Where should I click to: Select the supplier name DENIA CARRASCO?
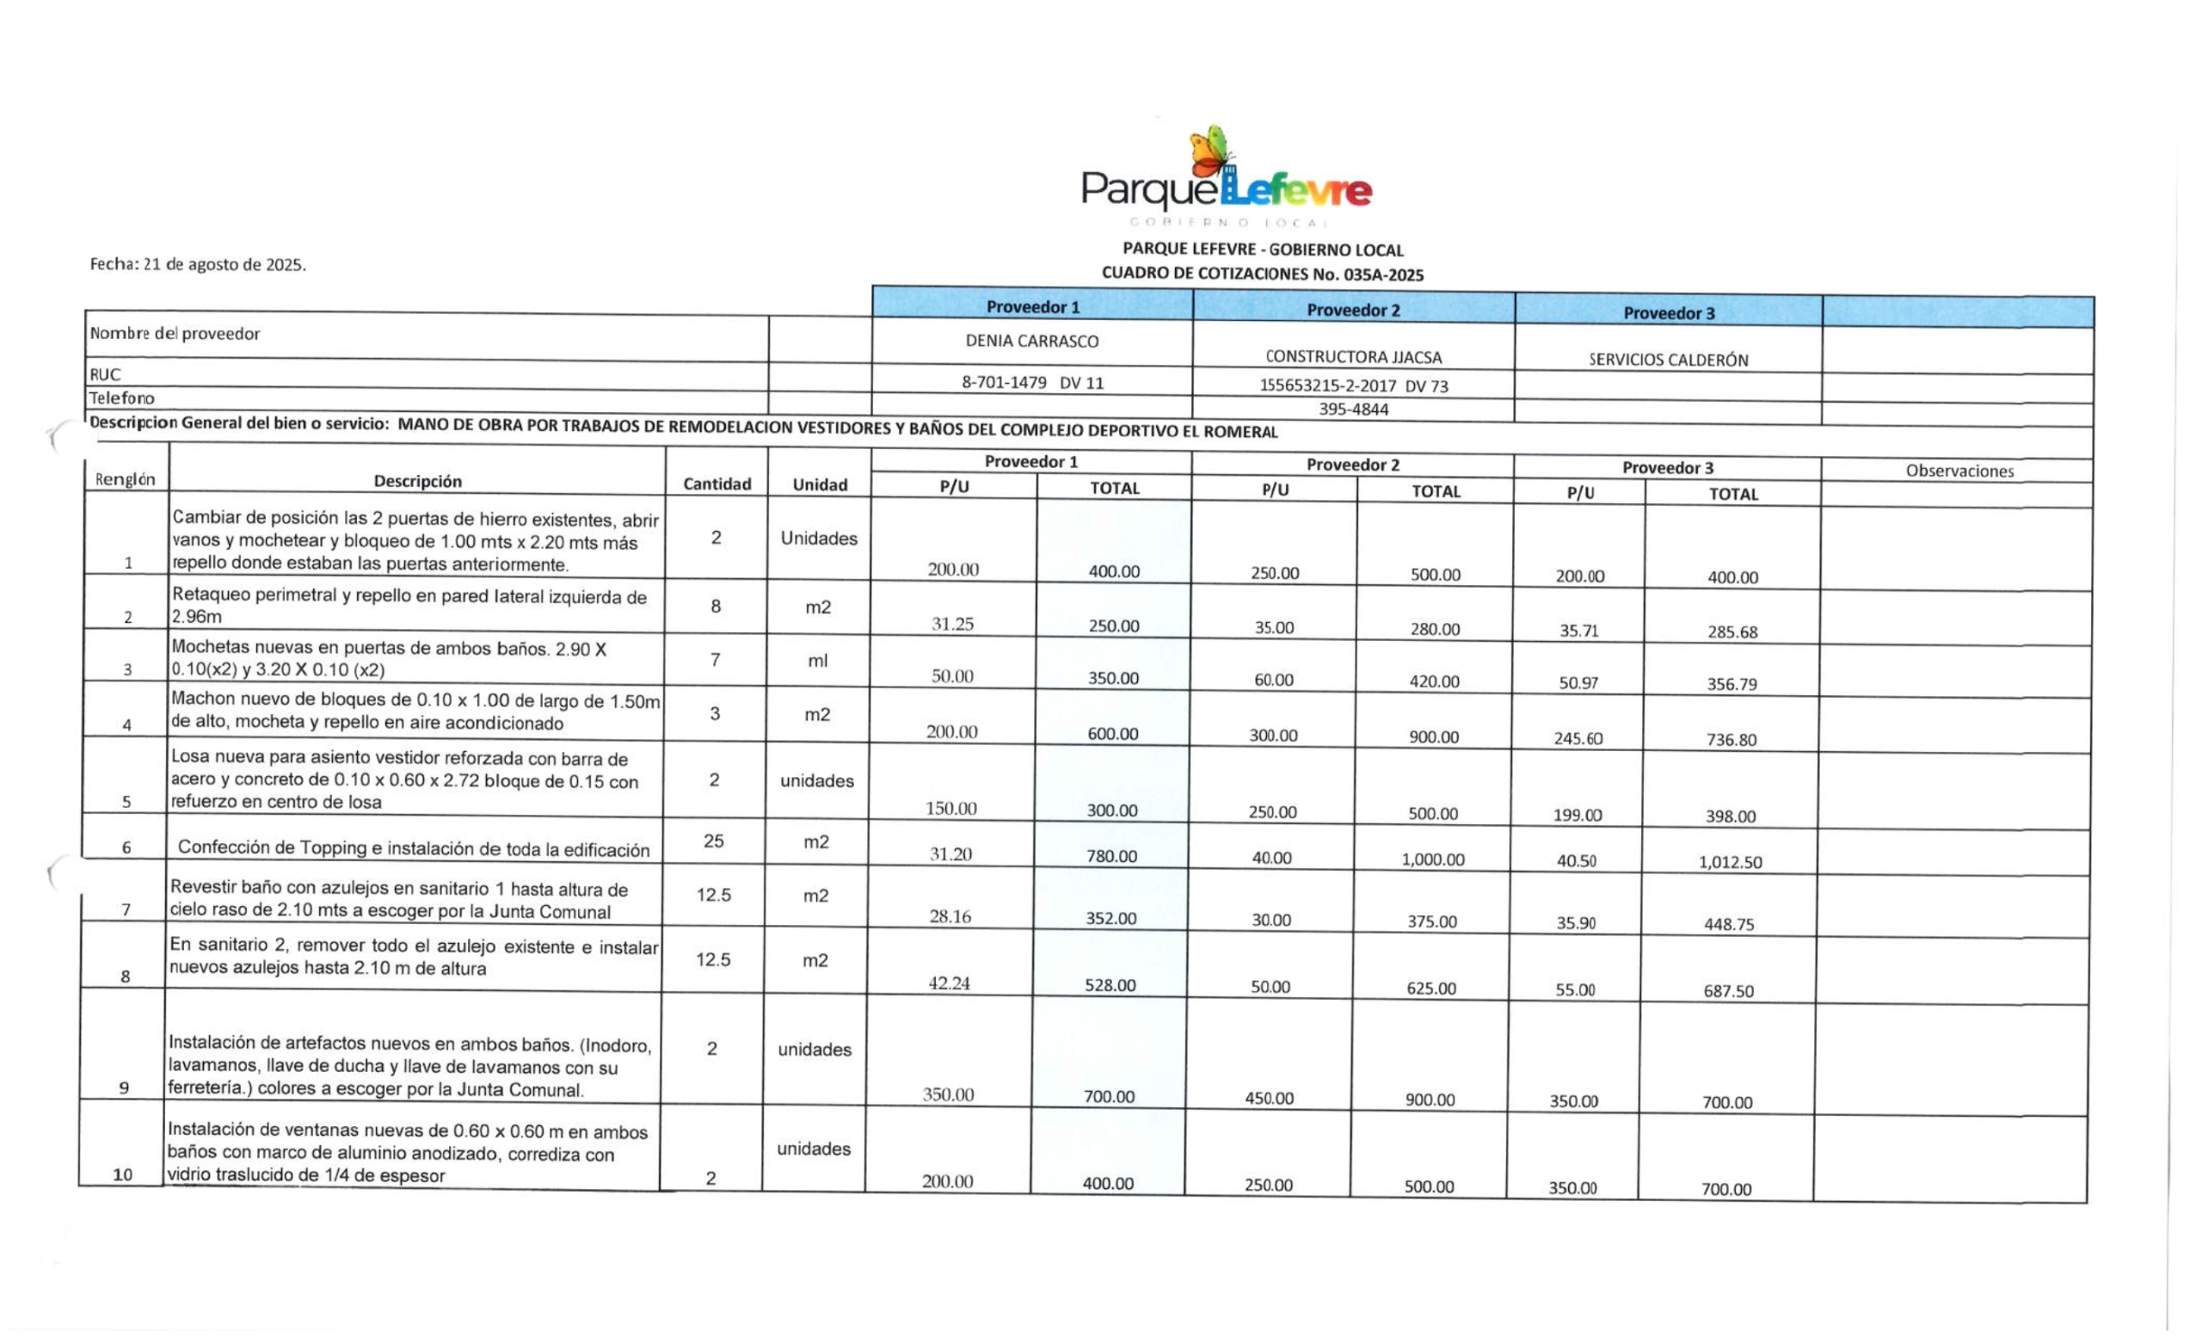(1031, 341)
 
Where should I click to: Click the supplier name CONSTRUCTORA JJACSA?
(1353, 356)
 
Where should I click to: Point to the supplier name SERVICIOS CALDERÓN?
(1668, 360)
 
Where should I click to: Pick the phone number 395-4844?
(1353, 410)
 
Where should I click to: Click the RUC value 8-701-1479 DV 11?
(1032, 383)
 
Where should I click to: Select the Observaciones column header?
(1959, 471)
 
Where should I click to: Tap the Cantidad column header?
(717, 484)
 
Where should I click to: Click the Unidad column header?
(820, 484)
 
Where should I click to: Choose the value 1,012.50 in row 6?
(1730, 862)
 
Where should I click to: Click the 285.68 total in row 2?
(1733, 632)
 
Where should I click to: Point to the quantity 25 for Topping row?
(713, 841)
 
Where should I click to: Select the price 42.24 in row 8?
(949, 983)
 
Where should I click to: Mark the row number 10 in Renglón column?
(122, 1174)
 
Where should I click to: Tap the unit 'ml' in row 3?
(818, 661)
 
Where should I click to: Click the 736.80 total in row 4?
(1731, 740)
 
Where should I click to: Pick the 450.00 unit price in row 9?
(1269, 1099)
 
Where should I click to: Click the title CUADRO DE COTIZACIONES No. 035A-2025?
(1262, 274)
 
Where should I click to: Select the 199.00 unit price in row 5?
(1578, 815)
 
